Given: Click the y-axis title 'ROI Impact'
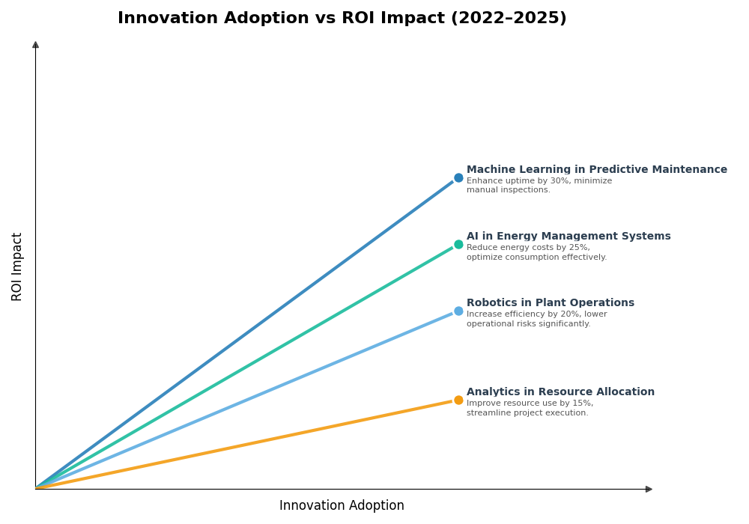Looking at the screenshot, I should click(17, 266).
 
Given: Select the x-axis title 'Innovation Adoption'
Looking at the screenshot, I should click(342, 506).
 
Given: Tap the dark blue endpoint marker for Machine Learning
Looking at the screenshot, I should click(458, 178).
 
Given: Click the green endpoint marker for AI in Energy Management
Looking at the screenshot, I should click(458, 245).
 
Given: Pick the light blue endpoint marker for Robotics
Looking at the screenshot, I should click(458, 311).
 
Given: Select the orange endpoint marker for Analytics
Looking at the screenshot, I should click(458, 400).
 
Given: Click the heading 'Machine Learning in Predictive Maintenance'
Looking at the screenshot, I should click(596, 170).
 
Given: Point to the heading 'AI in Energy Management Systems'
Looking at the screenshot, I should click(568, 237).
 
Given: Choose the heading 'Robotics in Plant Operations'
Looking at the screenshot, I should click(550, 303).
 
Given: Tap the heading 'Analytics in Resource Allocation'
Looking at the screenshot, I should click(560, 392).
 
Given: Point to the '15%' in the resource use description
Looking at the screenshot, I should click(582, 403).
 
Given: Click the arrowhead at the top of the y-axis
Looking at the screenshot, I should click(35, 45).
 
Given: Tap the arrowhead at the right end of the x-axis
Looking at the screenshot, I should click(649, 489).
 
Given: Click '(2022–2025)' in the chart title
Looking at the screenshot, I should click(508, 19).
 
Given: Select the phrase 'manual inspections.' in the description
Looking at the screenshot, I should click(508, 190).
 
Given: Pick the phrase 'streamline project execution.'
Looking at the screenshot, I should click(527, 413).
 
